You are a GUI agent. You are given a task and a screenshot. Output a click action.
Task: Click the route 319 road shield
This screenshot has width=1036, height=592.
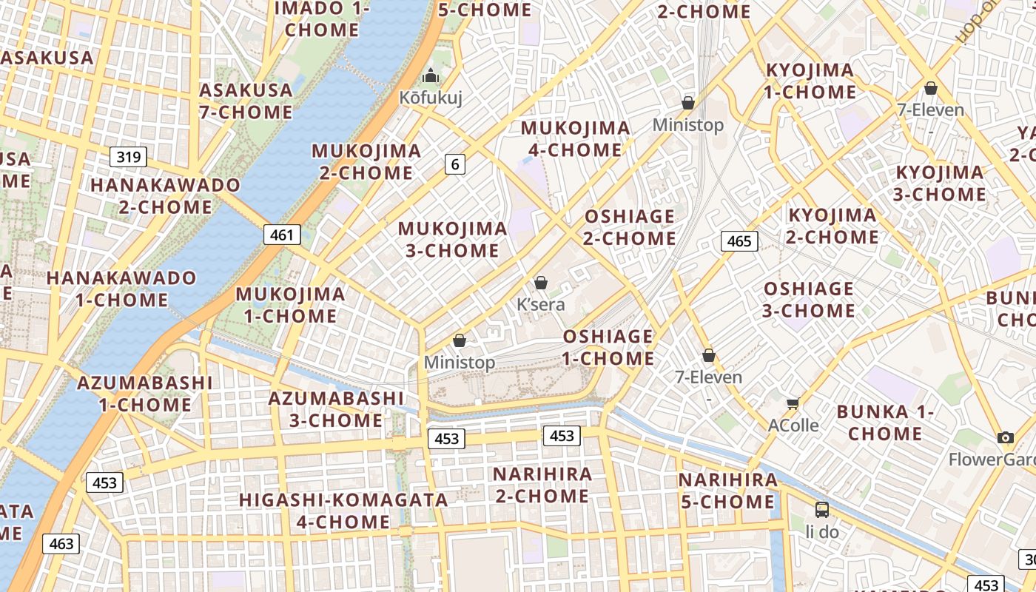point(129,157)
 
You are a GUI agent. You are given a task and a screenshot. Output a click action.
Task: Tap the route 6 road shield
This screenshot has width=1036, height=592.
point(455,164)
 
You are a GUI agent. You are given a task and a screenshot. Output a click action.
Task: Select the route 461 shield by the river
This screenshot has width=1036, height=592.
point(282,235)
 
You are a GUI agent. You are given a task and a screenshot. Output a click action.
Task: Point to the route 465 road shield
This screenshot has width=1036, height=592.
point(739,240)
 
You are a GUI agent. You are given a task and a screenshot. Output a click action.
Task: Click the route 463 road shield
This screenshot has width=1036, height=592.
point(61,544)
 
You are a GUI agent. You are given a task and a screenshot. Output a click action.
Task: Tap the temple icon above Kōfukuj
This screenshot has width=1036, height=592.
point(431,75)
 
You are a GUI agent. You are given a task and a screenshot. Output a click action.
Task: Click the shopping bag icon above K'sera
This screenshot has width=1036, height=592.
point(541,283)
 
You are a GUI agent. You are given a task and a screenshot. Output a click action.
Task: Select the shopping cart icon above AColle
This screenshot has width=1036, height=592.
point(793,403)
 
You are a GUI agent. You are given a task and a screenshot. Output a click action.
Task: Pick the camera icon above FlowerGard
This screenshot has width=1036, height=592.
point(1005,437)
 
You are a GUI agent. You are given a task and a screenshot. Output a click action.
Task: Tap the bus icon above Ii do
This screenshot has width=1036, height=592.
point(822,509)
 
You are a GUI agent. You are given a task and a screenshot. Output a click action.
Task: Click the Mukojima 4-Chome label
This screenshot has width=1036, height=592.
point(576,139)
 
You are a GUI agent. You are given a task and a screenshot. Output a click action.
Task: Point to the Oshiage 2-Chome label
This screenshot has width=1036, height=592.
point(629,227)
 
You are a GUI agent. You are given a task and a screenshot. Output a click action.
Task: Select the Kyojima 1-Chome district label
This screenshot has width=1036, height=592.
point(810,81)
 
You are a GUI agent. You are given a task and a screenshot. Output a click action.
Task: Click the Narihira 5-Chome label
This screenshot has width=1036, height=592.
point(727,491)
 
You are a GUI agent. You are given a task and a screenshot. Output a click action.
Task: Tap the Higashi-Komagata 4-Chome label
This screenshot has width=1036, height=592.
point(343,511)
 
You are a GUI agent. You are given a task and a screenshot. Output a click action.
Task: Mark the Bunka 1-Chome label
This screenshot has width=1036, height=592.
point(885,423)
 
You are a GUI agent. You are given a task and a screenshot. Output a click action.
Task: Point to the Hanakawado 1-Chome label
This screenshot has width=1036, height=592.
point(121,289)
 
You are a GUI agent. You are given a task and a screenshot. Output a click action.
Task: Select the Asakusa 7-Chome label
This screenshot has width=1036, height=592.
point(246,101)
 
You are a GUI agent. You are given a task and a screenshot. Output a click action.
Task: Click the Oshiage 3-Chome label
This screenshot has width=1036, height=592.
point(808,299)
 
